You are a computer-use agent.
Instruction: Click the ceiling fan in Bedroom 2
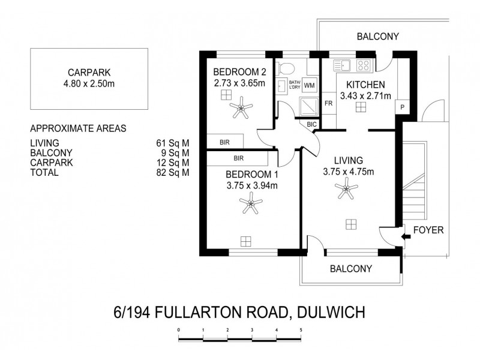242,109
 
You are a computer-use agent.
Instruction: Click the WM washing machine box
310,85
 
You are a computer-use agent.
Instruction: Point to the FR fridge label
329,103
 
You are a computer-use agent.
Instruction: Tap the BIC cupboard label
311,124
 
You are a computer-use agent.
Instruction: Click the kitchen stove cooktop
364,65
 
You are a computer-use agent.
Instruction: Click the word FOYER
428,230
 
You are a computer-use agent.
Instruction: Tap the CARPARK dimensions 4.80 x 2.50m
91,83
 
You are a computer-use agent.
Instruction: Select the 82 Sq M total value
172,172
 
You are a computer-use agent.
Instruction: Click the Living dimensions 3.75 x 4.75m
349,172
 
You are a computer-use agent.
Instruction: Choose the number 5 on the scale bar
301,331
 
